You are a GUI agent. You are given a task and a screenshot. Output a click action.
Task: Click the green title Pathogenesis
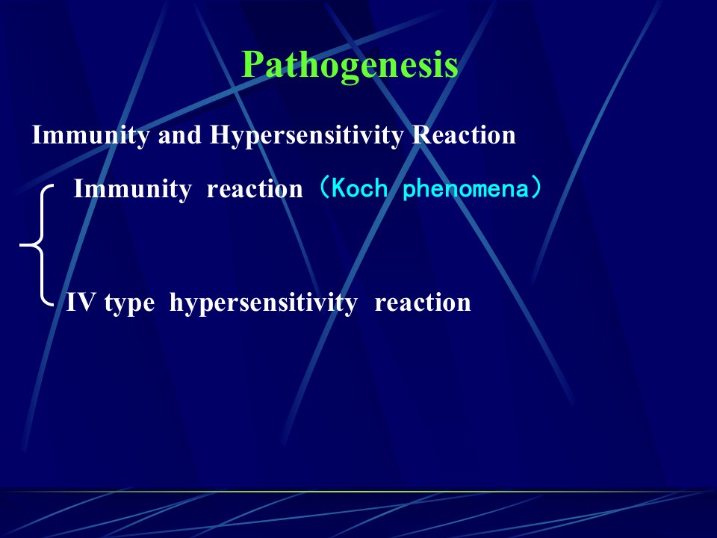coord(350,66)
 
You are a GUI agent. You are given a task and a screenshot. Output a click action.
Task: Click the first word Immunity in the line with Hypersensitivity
coord(90,135)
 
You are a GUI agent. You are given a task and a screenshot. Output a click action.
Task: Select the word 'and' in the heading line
coord(180,135)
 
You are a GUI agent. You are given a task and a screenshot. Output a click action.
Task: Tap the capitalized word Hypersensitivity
coord(307,136)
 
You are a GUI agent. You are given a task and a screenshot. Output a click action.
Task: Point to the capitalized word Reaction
coord(464,135)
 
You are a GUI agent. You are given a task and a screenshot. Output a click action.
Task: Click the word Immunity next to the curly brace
coord(133,189)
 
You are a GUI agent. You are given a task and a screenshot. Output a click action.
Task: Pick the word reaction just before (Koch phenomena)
coord(255,189)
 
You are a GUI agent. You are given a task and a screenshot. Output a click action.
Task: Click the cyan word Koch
coord(359,188)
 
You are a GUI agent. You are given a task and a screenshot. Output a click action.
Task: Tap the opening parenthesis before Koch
coord(324,188)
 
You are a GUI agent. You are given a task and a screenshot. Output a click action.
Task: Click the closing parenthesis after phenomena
coord(536,188)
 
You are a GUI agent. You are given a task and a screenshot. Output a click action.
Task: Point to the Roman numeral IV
coord(81,303)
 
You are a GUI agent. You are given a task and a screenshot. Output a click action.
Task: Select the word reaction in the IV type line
coord(423,303)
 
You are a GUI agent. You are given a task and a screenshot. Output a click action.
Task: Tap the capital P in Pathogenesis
coord(254,64)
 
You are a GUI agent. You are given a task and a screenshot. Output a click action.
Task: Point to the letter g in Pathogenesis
coord(349,70)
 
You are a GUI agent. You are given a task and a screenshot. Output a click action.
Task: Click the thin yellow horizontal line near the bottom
coord(358,492)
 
